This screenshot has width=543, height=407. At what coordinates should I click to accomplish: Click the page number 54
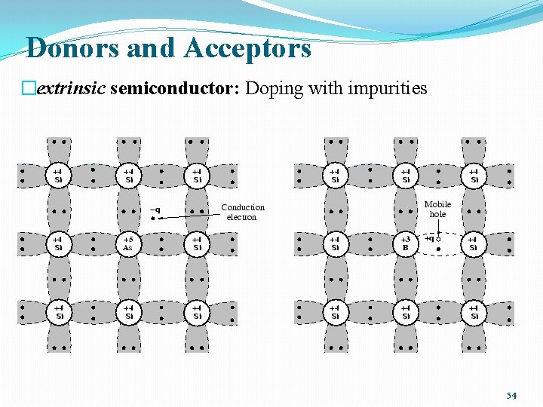(x=511, y=395)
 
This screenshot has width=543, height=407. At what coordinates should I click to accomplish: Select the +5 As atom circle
(x=129, y=244)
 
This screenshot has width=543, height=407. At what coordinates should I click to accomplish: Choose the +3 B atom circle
(x=406, y=244)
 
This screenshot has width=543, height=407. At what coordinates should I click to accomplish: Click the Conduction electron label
(x=243, y=212)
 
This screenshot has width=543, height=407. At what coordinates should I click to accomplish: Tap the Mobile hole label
(x=437, y=209)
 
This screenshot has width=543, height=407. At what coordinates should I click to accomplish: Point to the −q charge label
(x=155, y=210)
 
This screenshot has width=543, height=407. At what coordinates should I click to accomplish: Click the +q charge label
(x=428, y=238)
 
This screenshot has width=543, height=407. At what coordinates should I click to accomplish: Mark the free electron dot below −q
(x=152, y=219)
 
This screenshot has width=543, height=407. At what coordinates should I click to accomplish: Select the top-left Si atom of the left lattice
(x=58, y=176)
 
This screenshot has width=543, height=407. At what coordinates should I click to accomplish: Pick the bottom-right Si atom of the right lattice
(x=474, y=312)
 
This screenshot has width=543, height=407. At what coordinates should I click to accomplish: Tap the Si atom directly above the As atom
(x=129, y=176)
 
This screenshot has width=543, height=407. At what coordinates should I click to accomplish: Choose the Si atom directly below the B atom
(x=406, y=312)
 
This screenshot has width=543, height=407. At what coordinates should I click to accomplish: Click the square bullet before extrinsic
(x=29, y=89)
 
